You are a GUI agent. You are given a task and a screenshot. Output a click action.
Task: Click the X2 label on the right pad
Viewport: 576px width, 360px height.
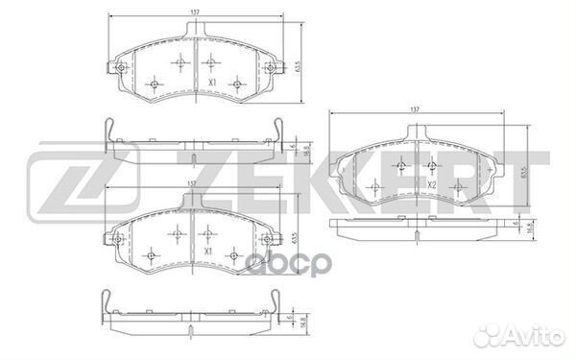[x=433, y=184]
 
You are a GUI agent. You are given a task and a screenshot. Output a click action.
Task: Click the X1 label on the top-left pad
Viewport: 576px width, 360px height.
[x=209, y=84]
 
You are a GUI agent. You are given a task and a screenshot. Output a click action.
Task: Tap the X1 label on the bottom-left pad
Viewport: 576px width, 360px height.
[x=208, y=252]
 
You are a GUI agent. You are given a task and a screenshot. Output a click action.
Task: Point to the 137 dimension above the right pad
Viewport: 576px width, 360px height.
[x=416, y=111]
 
